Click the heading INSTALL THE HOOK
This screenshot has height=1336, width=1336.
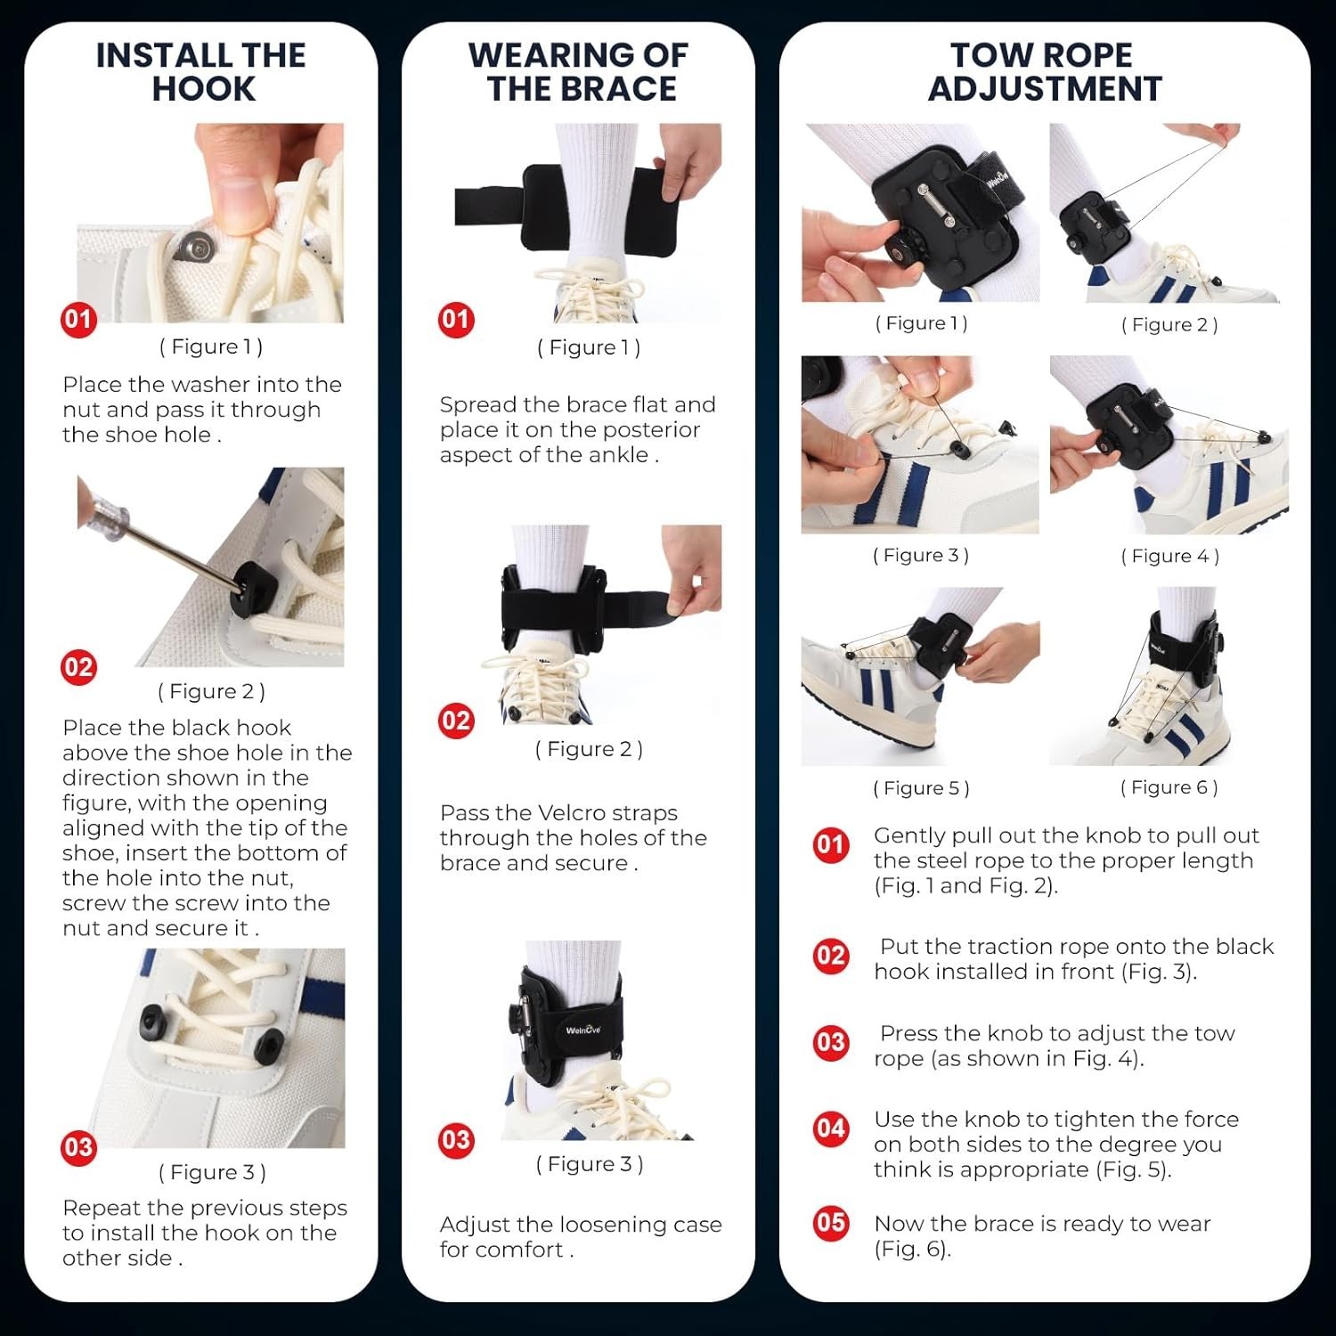point(201,72)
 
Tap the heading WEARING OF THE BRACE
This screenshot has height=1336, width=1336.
point(579,72)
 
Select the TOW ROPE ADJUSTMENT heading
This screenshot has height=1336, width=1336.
point(1044,72)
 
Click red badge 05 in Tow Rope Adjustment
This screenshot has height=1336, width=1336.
point(830,1221)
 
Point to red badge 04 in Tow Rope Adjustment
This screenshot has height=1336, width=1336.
point(830,1128)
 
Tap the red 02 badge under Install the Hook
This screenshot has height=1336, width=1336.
point(78,667)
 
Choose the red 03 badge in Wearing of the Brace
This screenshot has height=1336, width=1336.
point(456,1140)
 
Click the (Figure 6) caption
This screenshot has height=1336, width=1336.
point(1169,787)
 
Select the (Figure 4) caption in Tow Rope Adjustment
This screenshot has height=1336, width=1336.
point(1169,557)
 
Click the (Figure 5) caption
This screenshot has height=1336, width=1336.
point(921,788)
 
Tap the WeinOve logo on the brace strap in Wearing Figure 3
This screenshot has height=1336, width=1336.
point(583,1030)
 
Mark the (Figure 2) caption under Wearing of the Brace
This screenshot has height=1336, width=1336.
point(589,750)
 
